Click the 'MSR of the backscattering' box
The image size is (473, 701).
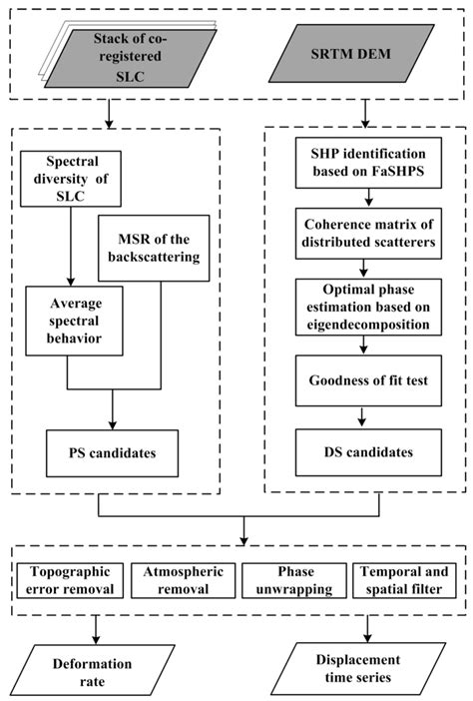coord(161,243)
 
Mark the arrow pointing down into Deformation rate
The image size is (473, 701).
coord(97,627)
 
